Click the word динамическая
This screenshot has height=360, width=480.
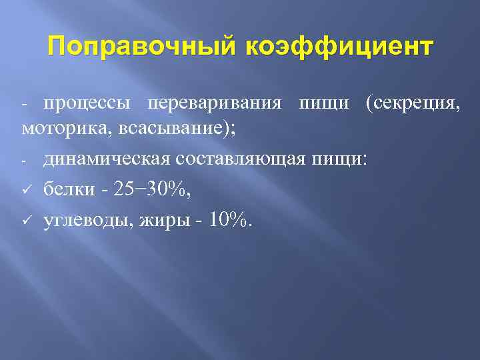[104, 159]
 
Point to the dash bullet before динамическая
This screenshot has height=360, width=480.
[24, 160]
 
